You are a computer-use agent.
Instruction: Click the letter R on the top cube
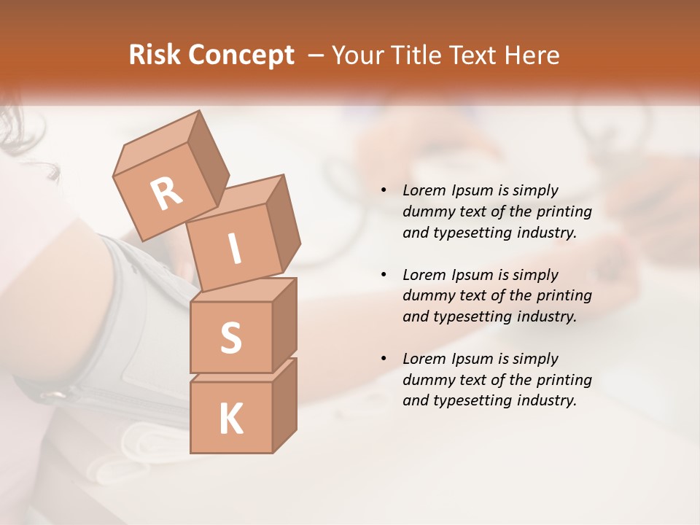click(x=166, y=195)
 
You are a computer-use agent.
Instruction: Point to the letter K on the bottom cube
click(x=230, y=419)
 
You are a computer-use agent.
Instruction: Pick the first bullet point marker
click(x=384, y=190)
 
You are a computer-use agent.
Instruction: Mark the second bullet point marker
click(x=384, y=275)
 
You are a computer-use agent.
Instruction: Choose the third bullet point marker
click(x=384, y=359)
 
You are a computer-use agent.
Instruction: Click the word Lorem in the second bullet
click(x=423, y=275)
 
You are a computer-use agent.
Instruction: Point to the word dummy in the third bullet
click(x=427, y=380)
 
